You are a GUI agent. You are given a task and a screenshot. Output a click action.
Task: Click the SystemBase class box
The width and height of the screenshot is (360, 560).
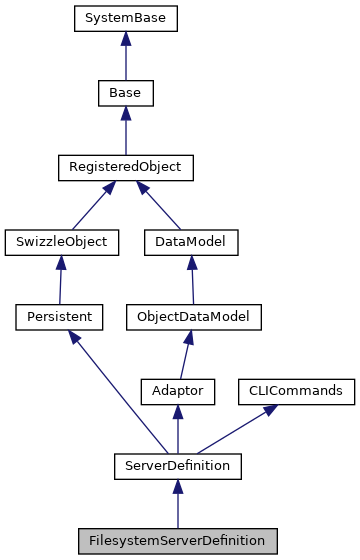[124, 18]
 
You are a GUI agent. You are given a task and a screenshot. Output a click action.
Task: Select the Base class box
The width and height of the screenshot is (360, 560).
[124, 93]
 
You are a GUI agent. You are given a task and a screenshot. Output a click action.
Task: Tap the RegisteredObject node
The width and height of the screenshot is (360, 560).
[124, 167]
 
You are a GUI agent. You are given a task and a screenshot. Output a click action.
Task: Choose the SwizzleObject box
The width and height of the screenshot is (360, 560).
[62, 242]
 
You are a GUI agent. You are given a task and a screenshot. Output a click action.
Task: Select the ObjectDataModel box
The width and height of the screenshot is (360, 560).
[192, 317]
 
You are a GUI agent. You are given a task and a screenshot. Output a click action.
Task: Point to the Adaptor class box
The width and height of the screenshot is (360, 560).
[178, 391]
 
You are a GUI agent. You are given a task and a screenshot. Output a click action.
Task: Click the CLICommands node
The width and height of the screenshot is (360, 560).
[295, 391]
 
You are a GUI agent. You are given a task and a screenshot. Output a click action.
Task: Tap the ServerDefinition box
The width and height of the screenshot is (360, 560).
[178, 466]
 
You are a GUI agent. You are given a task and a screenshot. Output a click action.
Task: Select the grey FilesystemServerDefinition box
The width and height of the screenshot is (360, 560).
[178, 541]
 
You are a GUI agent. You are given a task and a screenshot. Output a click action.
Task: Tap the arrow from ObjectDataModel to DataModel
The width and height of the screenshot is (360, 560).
[187, 280]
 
